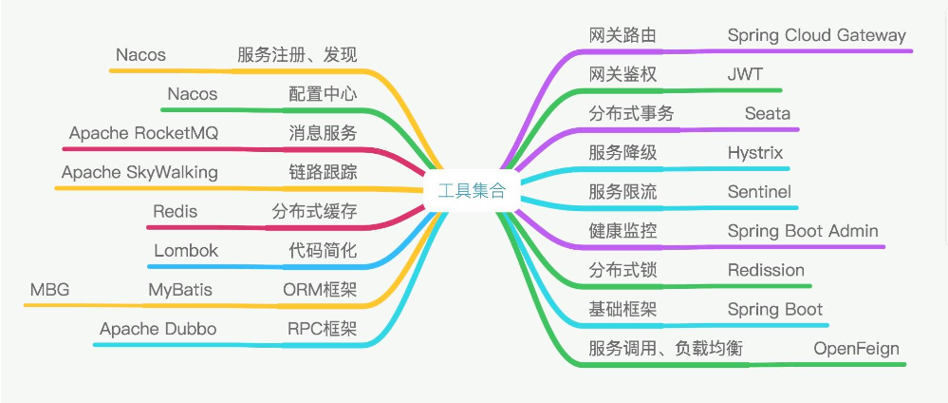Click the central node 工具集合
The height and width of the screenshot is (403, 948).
click(x=472, y=191)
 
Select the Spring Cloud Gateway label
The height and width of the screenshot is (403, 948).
click(x=817, y=35)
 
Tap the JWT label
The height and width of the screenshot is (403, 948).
click(x=746, y=74)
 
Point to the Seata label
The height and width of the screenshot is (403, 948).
click(x=768, y=113)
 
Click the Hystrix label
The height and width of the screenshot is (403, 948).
click(x=755, y=153)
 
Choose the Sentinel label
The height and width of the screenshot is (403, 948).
click(x=759, y=192)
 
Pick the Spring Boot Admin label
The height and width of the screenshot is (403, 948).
click(x=803, y=231)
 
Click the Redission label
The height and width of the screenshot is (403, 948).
click(x=766, y=270)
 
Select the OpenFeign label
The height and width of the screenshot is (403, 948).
click(x=856, y=349)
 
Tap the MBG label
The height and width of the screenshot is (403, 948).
click(x=49, y=290)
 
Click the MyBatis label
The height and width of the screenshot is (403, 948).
click(x=180, y=290)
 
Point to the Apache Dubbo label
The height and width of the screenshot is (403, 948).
click(x=158, y=329)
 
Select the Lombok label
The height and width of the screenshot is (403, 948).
click(x=186, y=251)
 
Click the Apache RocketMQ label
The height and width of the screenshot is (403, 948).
click(x=143, y=134)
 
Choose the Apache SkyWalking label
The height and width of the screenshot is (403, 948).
click(x=139, y=173)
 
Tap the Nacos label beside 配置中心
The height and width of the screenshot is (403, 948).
click(x=193, y=94)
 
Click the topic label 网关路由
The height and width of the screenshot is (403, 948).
click(x=623, y=35)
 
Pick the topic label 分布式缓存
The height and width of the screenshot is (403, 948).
click(x=314, y=212)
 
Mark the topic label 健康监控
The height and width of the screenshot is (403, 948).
click(x=623, y=231)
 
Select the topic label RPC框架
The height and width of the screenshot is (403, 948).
click(x=323, y=329)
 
